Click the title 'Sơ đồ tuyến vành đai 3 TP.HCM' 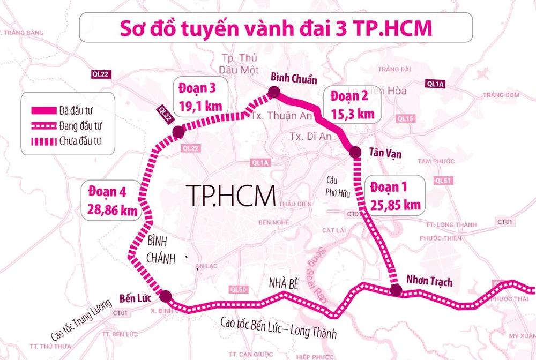pos(276,28)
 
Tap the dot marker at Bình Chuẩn pos(273,94)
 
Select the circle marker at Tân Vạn pos(355,153)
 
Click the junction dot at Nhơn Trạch pos(396,290)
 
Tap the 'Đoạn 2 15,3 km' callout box pos(352,105)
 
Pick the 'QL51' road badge pos(444,181)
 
